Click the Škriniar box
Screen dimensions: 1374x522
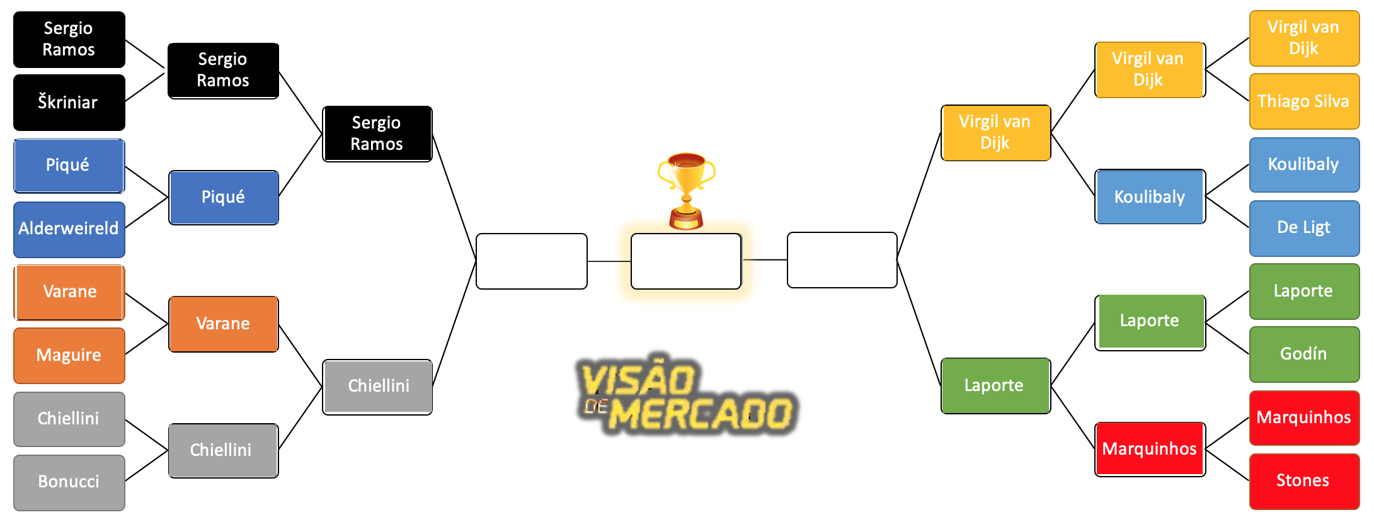[x=69, y=103]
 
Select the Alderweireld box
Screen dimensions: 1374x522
[x=69, y=229]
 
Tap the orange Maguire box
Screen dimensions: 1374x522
[x=69, y=356]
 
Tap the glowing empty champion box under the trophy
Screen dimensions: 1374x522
[x=686, y=261]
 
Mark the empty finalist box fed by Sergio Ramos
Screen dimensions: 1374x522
[x=532, y=261]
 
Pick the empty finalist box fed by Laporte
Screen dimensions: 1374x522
[x=842, y=260]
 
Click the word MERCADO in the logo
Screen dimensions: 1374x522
[x=701, y=414]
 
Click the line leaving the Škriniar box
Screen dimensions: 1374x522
[x=146, y=87]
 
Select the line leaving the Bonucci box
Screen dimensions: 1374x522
[x=147, y=466]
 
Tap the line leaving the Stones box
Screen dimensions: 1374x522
[x=1227, y=465]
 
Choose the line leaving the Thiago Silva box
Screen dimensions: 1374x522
[x=1227, y=86]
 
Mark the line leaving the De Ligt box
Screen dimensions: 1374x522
[x=1227, y=212]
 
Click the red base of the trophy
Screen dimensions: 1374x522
[x=686, y=221]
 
